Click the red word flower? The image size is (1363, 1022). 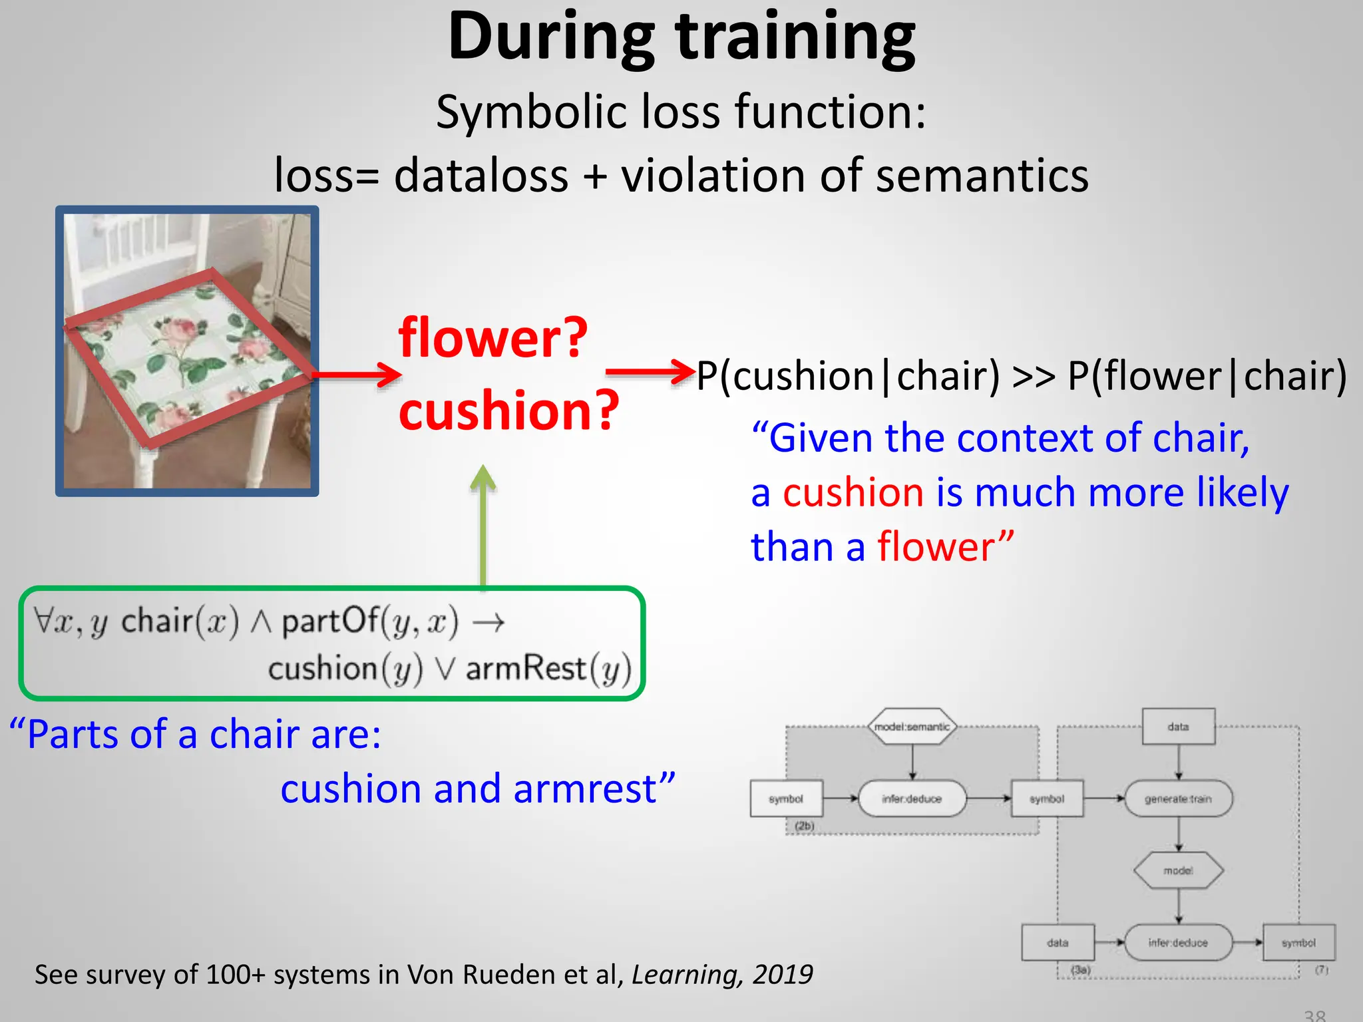tap(493, 338)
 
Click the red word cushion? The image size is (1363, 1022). tap(508, 410)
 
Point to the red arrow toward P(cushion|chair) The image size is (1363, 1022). tap(650, 372)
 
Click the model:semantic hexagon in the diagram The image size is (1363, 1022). tap(912, 727)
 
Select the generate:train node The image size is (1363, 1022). tap(1178, 798)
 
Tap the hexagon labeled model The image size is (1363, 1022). tap(1178, 870)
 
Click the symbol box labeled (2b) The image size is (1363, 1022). tap(786, 798)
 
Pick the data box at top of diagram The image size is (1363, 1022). tap(1178, 727)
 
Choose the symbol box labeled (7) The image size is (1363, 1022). tap(1298, 943)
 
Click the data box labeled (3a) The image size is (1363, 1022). tap(1058, 943)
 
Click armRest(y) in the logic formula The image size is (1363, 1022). tap(548, 669)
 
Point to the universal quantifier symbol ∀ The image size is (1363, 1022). tap(43, 620)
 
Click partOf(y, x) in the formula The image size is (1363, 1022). tap(370, 621)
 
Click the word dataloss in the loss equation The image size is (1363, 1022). tap(481, 176)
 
